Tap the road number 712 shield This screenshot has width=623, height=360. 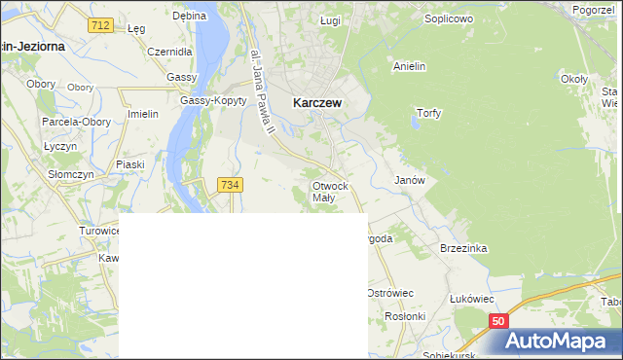98,25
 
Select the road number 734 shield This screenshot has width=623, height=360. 231,185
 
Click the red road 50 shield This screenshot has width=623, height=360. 498,320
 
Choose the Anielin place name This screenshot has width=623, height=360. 410,67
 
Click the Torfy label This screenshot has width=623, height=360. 428,113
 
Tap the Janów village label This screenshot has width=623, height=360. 409,181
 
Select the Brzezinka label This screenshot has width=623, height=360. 463,248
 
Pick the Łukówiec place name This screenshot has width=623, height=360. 472,299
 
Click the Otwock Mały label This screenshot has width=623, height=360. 330,191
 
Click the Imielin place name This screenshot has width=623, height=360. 143,114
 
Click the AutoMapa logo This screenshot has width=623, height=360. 558,341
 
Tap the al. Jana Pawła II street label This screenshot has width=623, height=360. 261,93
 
